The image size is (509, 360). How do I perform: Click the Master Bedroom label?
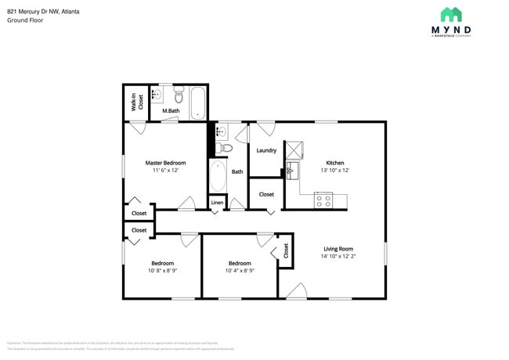[x=165, y=163]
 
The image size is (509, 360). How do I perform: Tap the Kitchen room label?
[x=335, y=163]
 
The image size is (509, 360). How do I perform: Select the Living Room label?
[x=338, y=249]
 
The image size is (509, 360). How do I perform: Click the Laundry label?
[x=266, y=150]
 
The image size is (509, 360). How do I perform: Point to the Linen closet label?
[x=217, y=203]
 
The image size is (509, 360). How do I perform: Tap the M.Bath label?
[x=171, y=111]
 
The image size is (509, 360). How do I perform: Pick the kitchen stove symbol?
[x=324, y=200]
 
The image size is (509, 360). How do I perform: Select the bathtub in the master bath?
[x=197, y=102]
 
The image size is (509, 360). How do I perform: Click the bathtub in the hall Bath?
[x=217, y=175]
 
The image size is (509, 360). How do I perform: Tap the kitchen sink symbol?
[x=292, y=170]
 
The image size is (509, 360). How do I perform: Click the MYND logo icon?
[x=450, y=14]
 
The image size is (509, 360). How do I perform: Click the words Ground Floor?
[x=25, y=20]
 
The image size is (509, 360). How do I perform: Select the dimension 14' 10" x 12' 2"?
[x=338, y=256]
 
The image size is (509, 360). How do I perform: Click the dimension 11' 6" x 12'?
[x=165, y=170]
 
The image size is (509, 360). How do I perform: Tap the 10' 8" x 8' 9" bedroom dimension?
[x=162, y=271]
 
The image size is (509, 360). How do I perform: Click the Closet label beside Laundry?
[x=266, y=194]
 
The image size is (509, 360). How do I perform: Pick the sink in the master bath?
[x=157, y=95]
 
